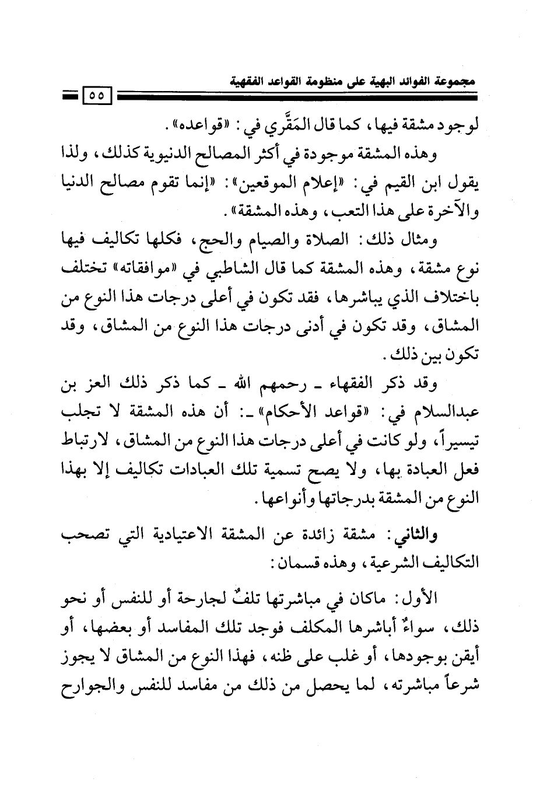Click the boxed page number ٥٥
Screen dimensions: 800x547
tap(96, 95)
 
